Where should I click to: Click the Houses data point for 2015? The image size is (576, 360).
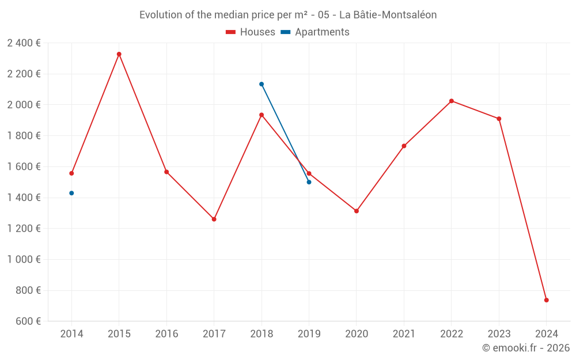tap(119, 54)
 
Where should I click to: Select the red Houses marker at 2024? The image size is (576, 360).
tap(546, 300)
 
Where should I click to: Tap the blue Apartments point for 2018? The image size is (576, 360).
tap(262, 84)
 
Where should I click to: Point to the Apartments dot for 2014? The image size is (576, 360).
tap(71, 193)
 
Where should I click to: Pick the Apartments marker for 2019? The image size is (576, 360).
tap(309, 182)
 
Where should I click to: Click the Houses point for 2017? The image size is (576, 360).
tap(214, 219)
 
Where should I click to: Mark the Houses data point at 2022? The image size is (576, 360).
tap(452, 101)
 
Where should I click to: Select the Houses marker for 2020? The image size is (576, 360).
tap(357, 211)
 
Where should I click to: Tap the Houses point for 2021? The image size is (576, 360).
tap(404, 146)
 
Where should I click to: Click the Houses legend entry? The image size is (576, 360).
tap(251, 32)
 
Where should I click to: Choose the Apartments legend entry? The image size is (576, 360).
tap(315, 32)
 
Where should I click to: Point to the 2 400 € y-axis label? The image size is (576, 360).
tap(24, 43)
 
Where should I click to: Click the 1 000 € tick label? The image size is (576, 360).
tap(24, 259)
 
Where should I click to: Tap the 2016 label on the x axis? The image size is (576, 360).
tap(166, 334)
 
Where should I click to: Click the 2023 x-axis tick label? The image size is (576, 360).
tap(499, 334)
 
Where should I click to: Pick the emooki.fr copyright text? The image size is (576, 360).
tap(525, 348)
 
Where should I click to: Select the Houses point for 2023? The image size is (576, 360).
tap(499, 119)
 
